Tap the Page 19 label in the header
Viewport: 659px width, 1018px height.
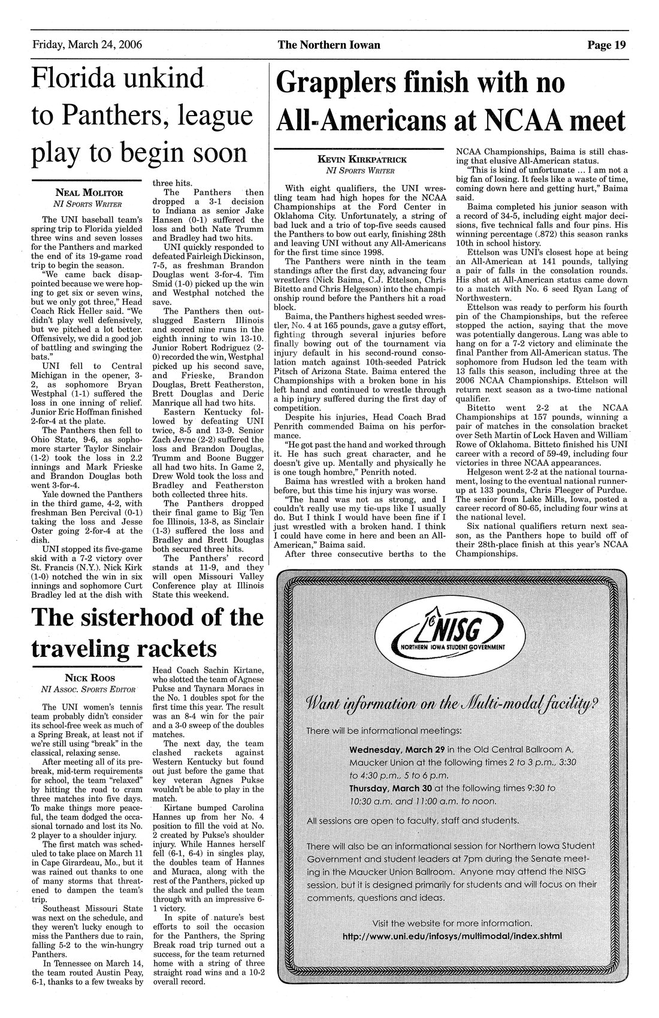click(606, 45)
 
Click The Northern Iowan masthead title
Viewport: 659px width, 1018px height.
click(329, 45)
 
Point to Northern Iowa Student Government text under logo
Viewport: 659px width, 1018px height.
click(448, 648)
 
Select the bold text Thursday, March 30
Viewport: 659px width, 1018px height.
click(392, 788)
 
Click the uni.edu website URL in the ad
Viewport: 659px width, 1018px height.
click(452, 936)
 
